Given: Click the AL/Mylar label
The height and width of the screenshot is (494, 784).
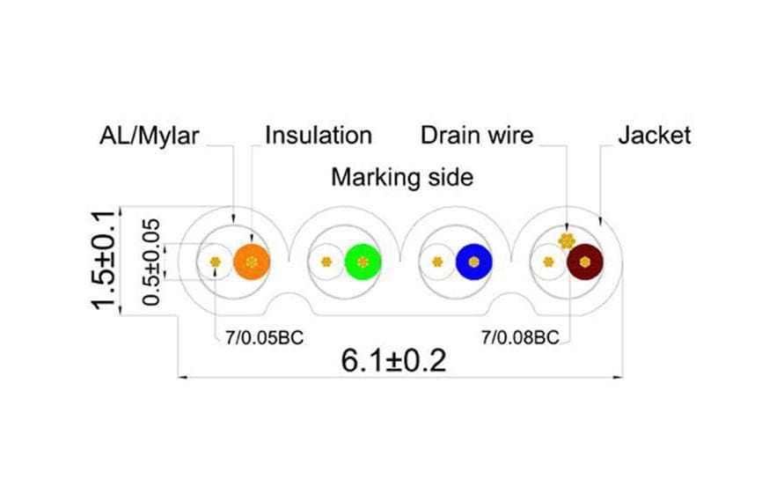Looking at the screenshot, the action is (149, 136).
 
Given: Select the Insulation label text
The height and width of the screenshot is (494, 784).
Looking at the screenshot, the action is (319, 135).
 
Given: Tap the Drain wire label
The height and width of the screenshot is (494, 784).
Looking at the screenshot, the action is (477, 135).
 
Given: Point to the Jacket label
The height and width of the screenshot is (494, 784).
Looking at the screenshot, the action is (655, 135).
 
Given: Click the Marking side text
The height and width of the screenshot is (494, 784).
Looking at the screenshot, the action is (402, 177).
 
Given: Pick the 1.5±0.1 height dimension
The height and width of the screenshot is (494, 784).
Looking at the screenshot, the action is (103, 261).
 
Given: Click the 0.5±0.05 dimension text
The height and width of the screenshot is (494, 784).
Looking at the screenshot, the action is (151, 262).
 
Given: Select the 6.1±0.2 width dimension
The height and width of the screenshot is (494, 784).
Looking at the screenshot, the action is (393, 360).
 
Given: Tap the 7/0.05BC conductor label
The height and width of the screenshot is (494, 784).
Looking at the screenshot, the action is (264, 338).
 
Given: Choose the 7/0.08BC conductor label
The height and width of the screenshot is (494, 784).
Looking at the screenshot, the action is (520, 337).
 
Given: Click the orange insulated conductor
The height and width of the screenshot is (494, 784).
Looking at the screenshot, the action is (252, 262).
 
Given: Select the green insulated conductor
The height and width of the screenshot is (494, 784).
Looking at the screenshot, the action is (363, 262).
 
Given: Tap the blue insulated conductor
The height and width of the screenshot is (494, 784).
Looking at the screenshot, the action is (474, 262).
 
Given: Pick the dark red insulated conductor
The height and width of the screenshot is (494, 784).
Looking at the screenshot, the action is (585, 262).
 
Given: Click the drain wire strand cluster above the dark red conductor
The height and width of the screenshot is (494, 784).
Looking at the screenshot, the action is (567, 241).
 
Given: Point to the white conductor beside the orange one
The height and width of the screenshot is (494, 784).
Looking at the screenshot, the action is (215, 262).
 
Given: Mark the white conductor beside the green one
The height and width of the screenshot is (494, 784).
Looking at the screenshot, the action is (326, 262).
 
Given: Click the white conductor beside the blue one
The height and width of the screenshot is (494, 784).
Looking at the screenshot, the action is (437, 262).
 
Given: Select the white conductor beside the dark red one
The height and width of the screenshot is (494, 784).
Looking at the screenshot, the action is (548, 262).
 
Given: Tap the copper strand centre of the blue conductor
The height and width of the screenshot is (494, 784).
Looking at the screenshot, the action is (474, 262).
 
